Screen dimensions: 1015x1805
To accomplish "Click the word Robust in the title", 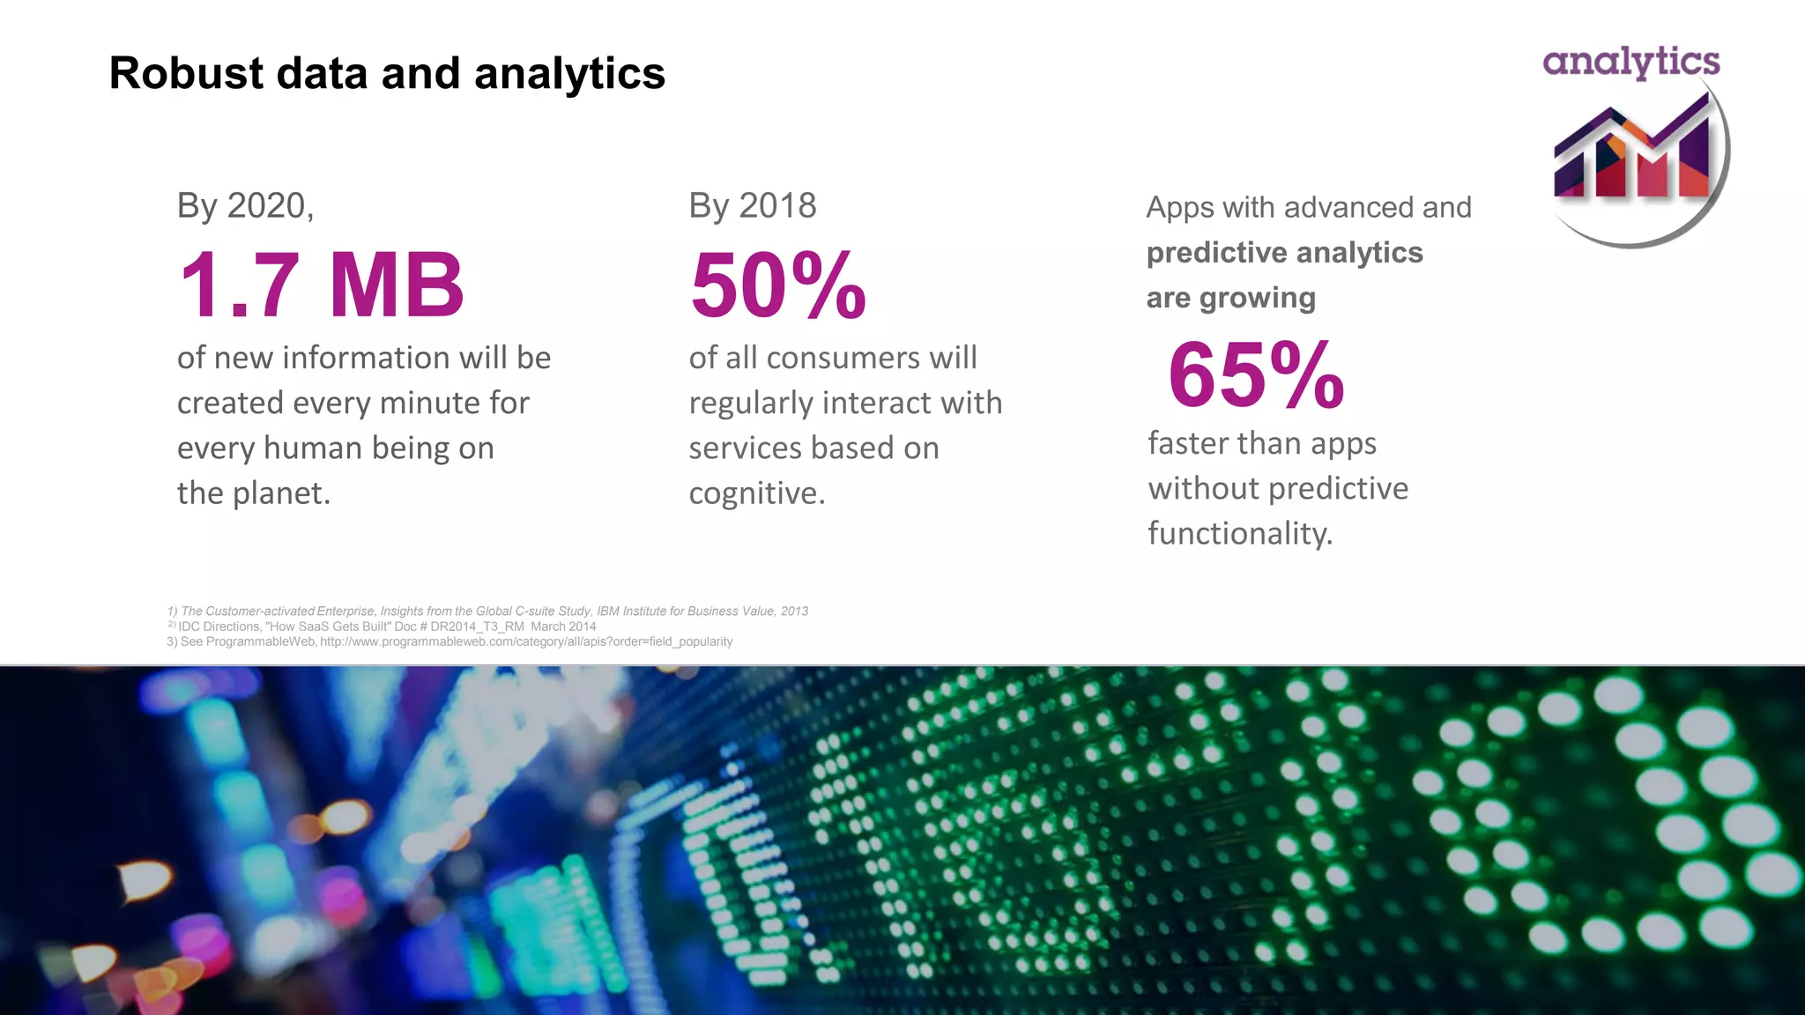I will pyautogui.click(x=186, y=73).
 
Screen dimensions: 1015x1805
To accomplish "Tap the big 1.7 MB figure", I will pyautogui.click(x=321, y=285).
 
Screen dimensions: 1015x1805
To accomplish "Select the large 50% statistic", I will pyautogui.click(x=778, y=285).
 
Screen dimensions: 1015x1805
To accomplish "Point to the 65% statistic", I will pyautogui.click(x=1256, y=375).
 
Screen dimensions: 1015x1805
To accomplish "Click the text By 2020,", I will pyautogui.click(x=245, y=206).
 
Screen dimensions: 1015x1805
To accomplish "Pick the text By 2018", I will pyautogui.click(x=752, y=206).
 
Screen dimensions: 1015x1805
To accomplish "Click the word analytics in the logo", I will pyautogui.click(x=1631, y=62).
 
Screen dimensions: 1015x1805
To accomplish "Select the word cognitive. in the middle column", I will pyautogui.click(x=756, y=493).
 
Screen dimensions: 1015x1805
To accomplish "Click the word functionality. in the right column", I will pyautogui.click(x=1239, y=534).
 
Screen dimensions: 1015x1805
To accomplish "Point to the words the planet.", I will pyautogui.click(x=253, y=493).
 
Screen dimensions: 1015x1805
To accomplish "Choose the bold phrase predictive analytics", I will pyautogui.click(x=1284, y=253).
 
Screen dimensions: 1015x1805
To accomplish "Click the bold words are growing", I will pyautogui.click(x=1230, y=298).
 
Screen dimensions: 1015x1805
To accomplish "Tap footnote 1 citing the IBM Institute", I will pyautogui.click(x=487, y=611).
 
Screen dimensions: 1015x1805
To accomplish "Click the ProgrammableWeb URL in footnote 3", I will pyautogui.click(x=526, y=641).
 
